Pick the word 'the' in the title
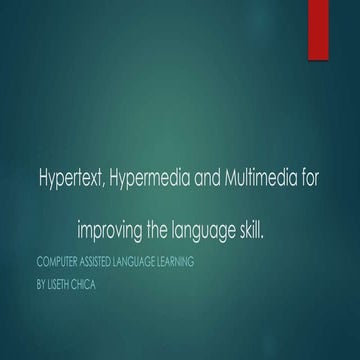162,232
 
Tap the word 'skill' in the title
249,232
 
